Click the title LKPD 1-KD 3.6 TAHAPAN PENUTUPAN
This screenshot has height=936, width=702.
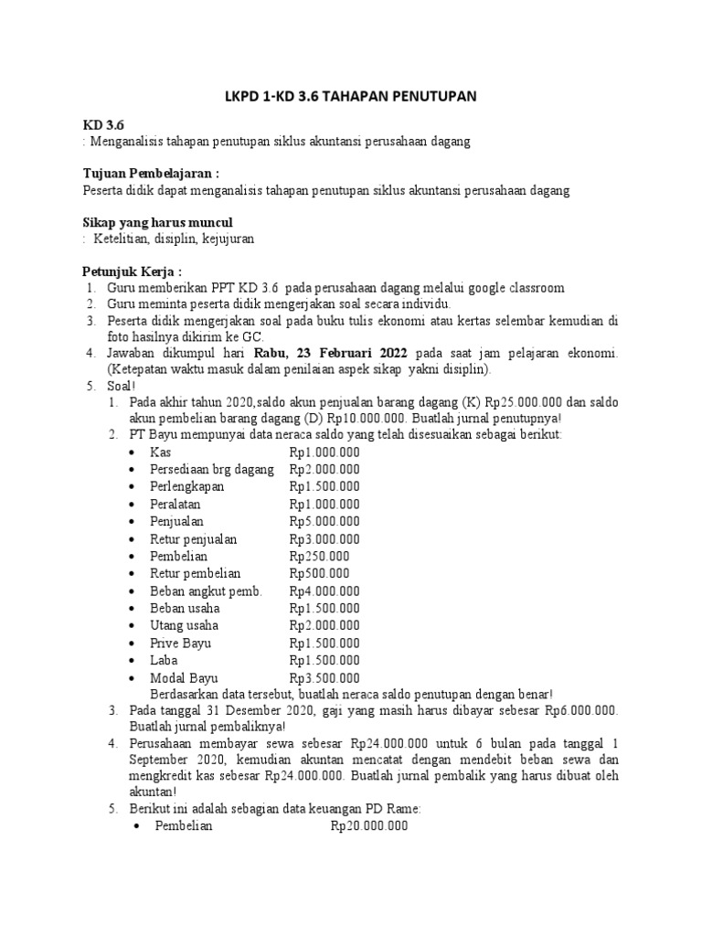click(x=351, y=98)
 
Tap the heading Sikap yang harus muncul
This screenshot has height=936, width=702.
click(x=158, y=222)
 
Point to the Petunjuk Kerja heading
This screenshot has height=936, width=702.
click(x=133, y=271)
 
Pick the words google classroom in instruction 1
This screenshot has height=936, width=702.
click(x=515, y=288)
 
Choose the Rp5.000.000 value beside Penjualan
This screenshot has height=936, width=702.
click(x=324, y=522)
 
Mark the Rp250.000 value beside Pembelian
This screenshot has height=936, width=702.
click(x=319, y=556)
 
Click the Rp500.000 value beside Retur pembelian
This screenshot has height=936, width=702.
click(x=319, y=573)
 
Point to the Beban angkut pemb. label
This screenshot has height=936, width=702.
click(x=206, y=590)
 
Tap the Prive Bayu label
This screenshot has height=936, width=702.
click(x=181, y=643)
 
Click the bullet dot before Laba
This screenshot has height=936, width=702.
click(x=134, y=660)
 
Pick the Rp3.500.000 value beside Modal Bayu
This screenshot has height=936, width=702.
click(x=324, y=677)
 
